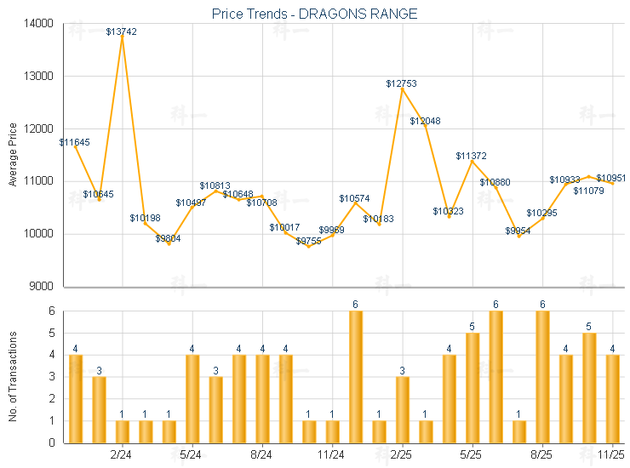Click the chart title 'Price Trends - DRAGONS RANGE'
pyautogui.click(x=314, y=14)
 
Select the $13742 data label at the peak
pyautogui.click(x=122, y=31)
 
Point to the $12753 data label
pyautogui.click(x=401, y=83)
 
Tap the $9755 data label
pyautogui.click(x=309, y=241)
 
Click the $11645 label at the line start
pyautogui.click(x=75, y=142)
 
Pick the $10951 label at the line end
pyautogui.click(x=611, y=178)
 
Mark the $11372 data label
pyautogui.click(x=471, y=156)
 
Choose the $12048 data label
pyautogui.click(x=425, y=122)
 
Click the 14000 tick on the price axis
pyautogui.click(x=38, y=24)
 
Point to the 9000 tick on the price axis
pyautogui.click(x=41, y=286)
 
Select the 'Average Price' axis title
pyautogui.click(x=12, y=155)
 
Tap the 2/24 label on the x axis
pyautogui.click(x=122, y=454)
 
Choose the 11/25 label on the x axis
pyautogui.click(x=612, y=454)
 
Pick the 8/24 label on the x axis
pyautogui.click(x=262, y=454)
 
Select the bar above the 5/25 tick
pyautogui.click(x=472, y=387)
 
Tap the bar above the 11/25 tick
pyautogui.click(x=612, y=398)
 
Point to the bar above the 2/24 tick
pyautogui.click(x=122, y=431)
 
